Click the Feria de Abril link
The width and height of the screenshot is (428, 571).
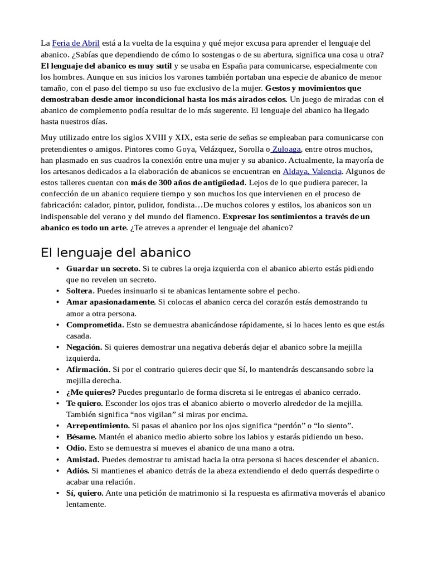click(x=76, y=43)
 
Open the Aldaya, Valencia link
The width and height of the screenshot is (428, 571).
click(x=313, y=171)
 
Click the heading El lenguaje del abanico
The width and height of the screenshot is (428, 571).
click(x=116, y=252)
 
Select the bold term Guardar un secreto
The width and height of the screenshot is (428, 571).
click(x=103, y=269)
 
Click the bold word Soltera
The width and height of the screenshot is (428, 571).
click(x=80, y=291)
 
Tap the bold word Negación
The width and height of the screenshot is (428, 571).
click(x=83, y=347)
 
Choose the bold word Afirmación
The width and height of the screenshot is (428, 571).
click(x=88, y=369)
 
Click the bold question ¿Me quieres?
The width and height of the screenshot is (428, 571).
click(x=91, y=392)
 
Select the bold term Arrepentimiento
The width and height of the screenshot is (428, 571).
click(x=98, y=425)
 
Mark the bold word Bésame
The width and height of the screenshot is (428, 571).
click(x=81, y=437)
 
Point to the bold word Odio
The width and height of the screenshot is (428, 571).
click(x=76, y=448)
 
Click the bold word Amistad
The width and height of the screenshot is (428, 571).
click(x=82, y=459)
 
